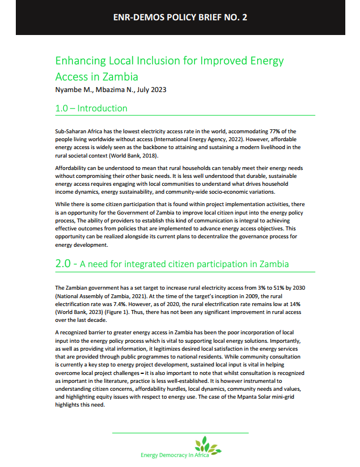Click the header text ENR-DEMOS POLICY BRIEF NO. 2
(180, 18)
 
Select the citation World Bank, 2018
(135, 155)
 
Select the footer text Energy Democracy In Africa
(175, 455)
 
